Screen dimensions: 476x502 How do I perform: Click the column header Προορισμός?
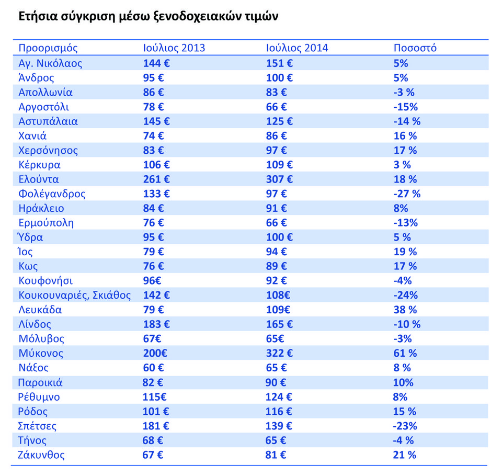pos(48,48)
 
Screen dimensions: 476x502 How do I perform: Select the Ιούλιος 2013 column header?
pos(174,48)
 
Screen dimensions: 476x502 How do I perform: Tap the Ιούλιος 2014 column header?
pos(297,48)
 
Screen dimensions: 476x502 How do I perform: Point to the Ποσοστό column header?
pos(415,48)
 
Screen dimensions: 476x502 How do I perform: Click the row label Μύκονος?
pos(41,353)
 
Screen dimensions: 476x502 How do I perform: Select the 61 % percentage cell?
pos(405,353)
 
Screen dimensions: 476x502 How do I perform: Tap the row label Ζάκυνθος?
pos(42,455)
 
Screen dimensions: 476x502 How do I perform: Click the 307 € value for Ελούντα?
pos(279,179)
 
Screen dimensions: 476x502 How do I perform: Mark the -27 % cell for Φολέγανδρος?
pos(406,194)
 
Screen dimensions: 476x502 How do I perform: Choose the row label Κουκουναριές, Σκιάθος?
pos(74,295)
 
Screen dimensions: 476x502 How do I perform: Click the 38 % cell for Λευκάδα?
pos(405,310)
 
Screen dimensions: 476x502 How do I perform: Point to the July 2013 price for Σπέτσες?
pos(156,426)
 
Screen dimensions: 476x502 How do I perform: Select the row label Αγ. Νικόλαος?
pos(50,63)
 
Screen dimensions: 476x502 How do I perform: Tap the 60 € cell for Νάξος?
pos(153,368)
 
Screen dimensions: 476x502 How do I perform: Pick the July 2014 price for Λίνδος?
pos(279,324)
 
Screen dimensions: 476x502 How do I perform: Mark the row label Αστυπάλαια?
pos(48,121)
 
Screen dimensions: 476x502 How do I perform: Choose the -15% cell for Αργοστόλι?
pos(405,107)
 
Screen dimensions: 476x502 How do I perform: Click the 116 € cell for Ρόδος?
pos(279,411)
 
